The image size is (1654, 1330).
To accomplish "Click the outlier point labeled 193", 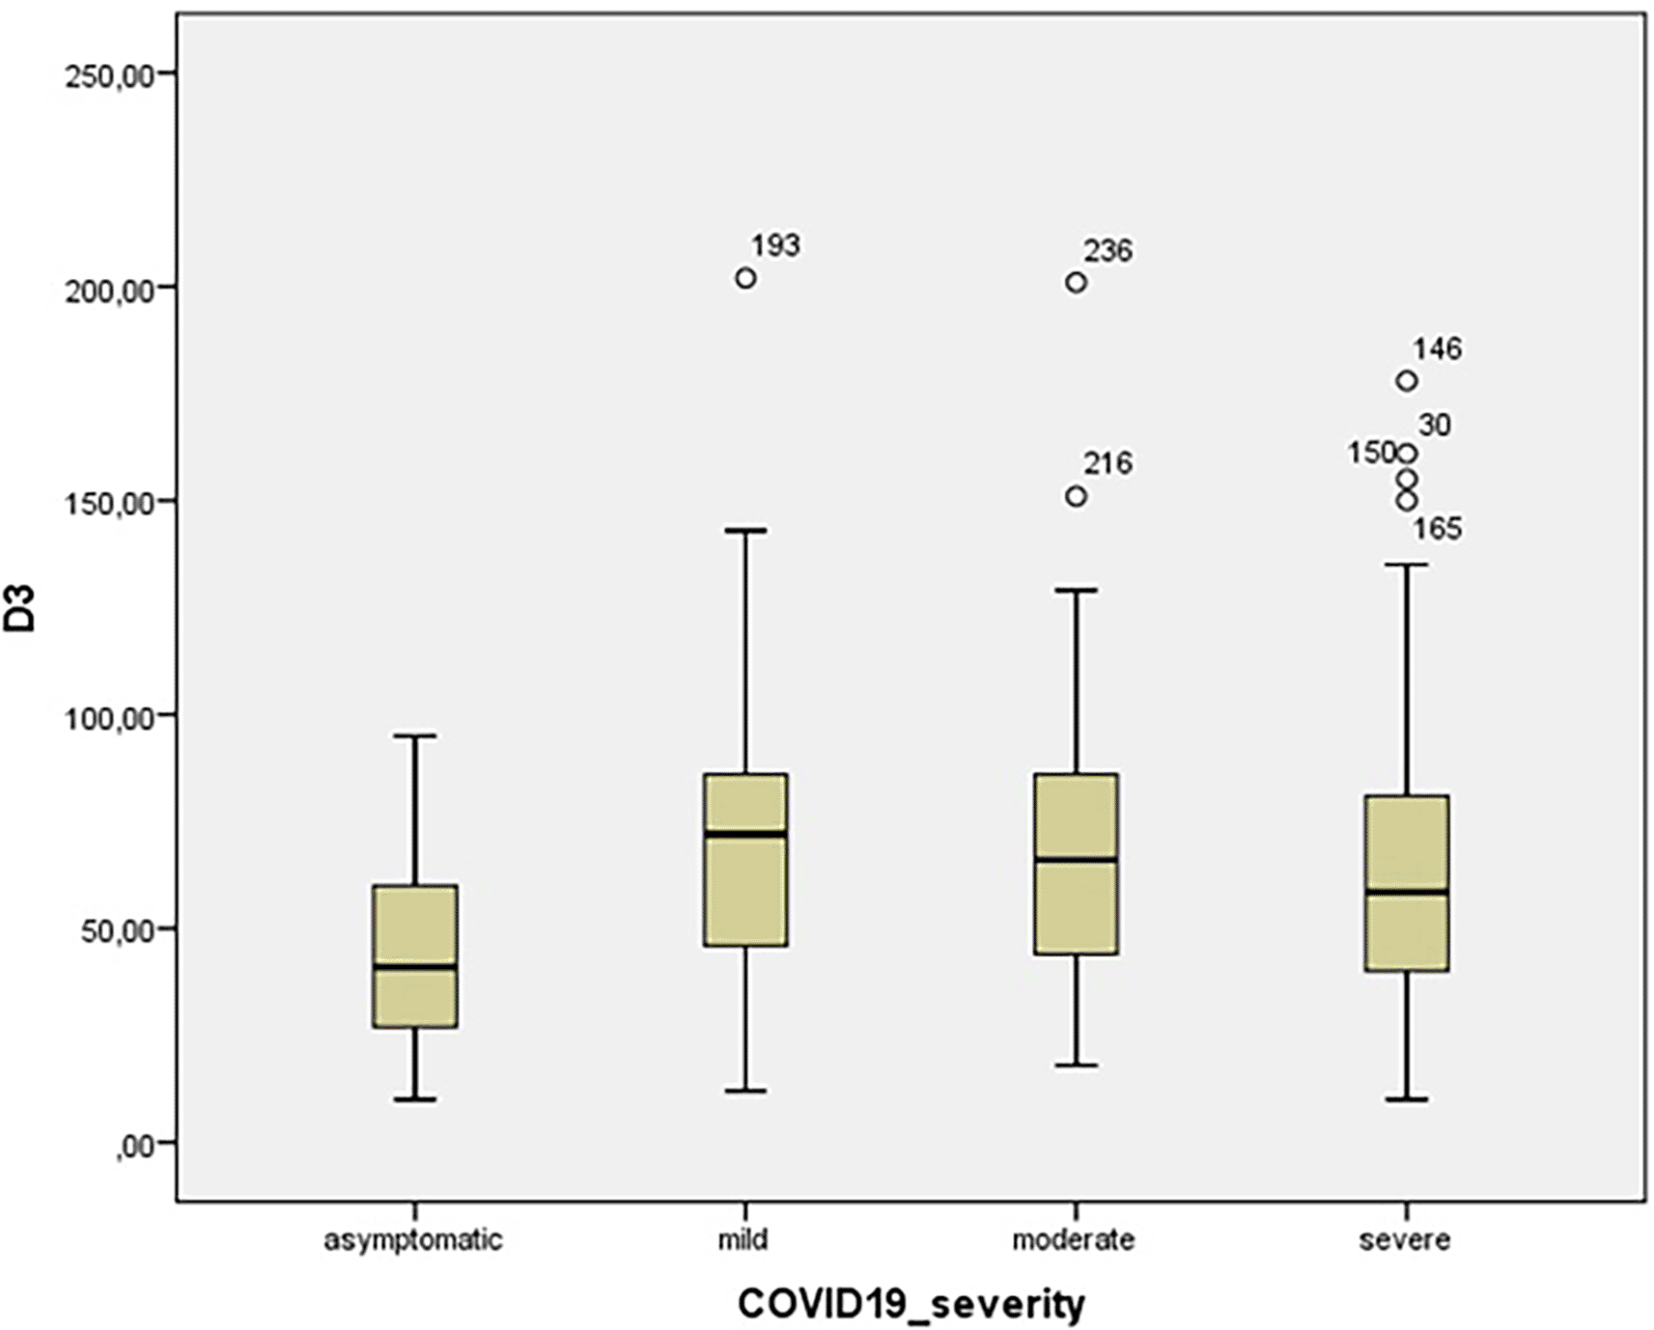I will tap(745, 278).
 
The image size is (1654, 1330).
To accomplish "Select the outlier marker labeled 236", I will tap(1076, 282).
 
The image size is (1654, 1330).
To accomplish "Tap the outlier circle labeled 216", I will tap(1076, 496).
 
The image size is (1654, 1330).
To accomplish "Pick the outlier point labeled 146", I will tap(1407, 380).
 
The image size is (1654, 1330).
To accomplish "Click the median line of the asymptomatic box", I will tap(415, 965).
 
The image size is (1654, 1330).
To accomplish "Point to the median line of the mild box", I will tap(745, 833).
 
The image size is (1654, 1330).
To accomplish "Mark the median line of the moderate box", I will tap(1076, 859).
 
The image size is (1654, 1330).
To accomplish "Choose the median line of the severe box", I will tap(1407, 892).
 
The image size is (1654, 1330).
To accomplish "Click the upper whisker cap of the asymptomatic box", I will tap(415, 735).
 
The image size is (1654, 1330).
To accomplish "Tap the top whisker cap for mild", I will tap(745, 530).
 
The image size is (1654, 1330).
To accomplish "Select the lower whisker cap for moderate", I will tap(1076, 1066).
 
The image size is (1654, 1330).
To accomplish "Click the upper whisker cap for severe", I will tap(1407, 565).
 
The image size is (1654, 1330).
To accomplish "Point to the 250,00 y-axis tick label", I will tap(110, 75).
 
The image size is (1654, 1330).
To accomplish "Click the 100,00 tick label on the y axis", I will tap(110, 716).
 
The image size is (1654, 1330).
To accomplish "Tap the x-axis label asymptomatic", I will tap(413, 1239).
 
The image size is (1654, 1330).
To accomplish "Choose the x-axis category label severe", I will tap(1405, 1239).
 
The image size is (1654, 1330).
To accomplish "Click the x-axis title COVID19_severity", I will tap(911, 1304).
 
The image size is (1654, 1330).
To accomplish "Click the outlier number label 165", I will tap(1438, 529).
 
